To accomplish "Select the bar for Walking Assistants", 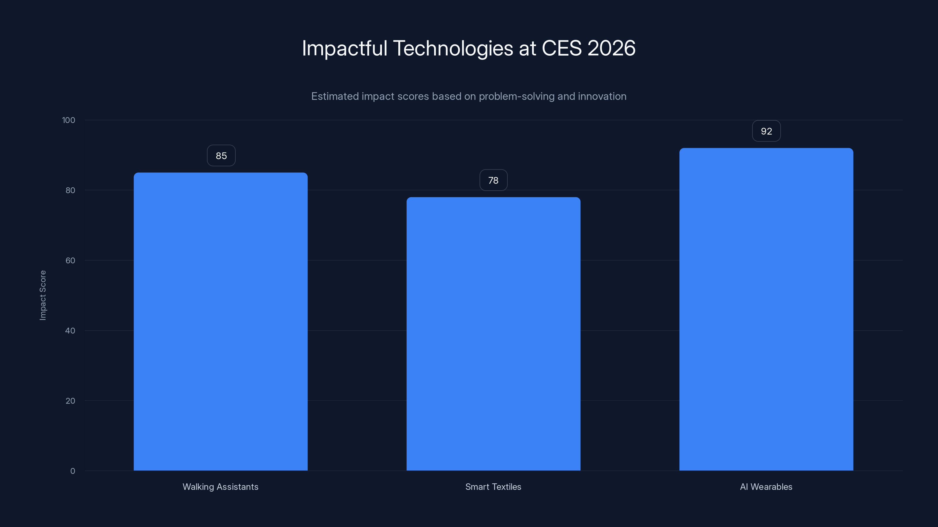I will coord(220,321).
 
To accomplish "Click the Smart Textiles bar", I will coord(493,334).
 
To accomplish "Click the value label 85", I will coord(221,156).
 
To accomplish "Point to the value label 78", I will coord(493,180).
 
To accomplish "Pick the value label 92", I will coord(766,131).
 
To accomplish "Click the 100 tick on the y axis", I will coord(69,120).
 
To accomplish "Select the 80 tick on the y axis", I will coord(70,191).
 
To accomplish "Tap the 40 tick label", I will coord(70,331).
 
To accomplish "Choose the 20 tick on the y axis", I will coord(70,401).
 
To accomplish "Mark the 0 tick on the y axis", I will coord(72,471).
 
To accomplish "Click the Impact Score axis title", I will coord(43,295).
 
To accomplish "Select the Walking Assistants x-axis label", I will coord(220,487).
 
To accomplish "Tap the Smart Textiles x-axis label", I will coord(493,487).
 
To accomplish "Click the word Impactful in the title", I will coord(344,48).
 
